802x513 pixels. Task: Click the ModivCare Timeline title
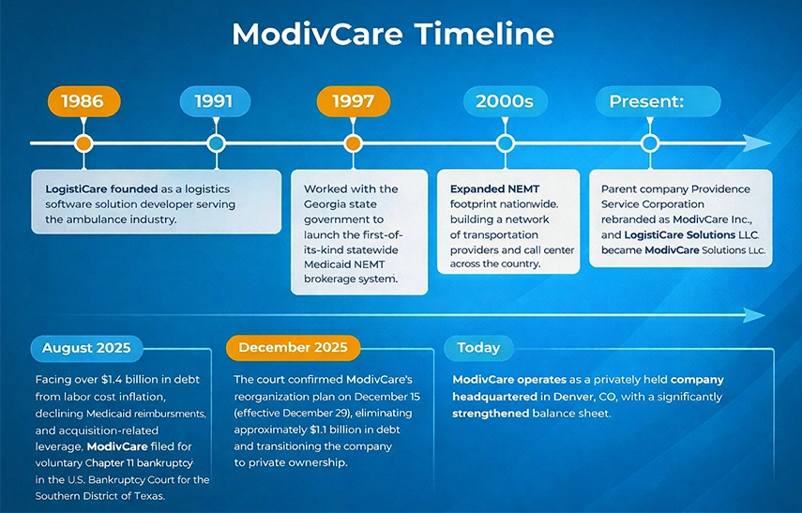392,35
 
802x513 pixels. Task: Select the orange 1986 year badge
83,101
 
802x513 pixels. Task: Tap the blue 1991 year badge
215,101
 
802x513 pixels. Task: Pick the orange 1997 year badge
353,101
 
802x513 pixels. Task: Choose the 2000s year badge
505,101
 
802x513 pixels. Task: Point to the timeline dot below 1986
83,143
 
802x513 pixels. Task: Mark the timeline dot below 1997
353,143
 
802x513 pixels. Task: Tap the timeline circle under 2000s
505,143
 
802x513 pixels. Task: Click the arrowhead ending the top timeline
757,143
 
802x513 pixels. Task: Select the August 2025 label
86,349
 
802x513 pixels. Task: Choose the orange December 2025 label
293,348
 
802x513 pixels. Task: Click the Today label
478,348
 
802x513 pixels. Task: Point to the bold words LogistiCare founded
101,189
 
